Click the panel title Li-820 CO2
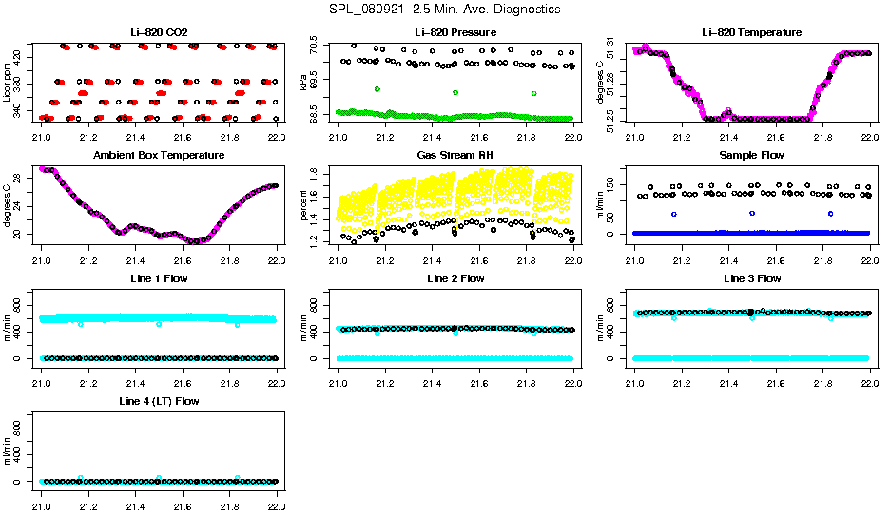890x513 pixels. [159, 33]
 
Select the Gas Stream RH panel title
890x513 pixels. [455, 155]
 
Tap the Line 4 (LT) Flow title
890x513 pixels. [159, 402]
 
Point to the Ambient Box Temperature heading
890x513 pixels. [159, 155]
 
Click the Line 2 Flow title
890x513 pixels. [455, 278]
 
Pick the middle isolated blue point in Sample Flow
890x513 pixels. [752, 213]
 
